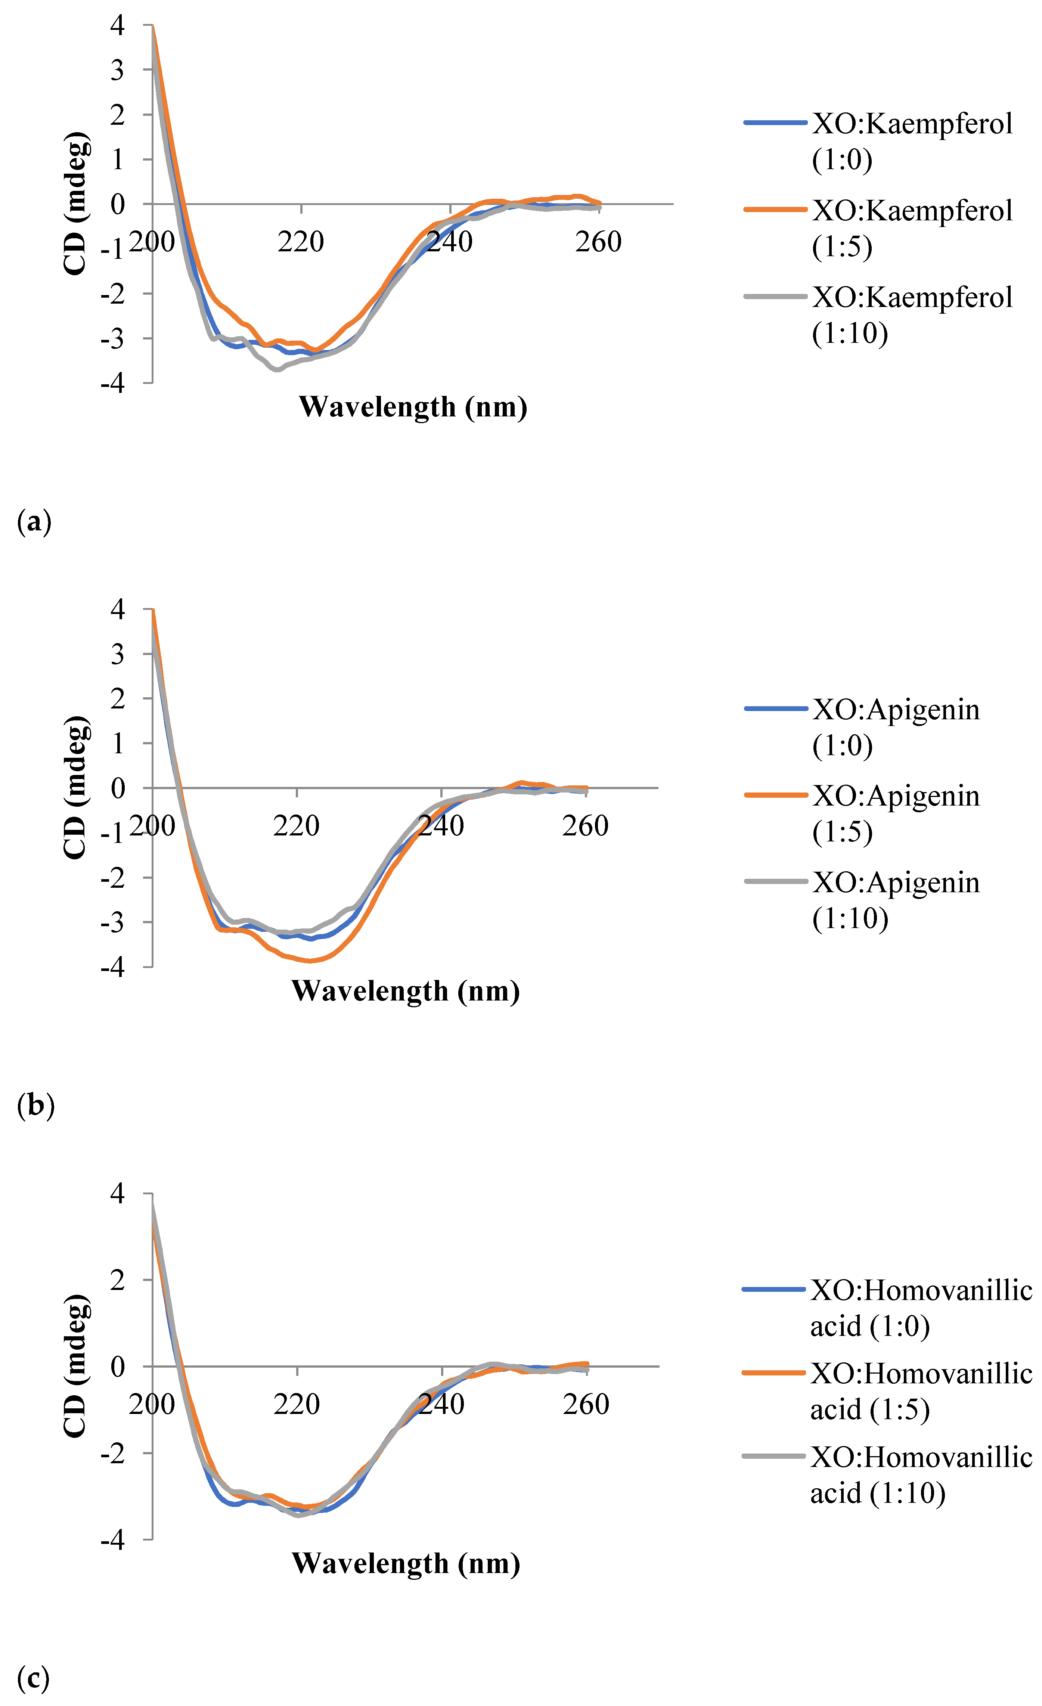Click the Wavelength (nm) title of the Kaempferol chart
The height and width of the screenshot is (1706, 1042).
pyautogui.click(x=413, y=407)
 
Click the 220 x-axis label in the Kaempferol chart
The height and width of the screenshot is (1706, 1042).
pyautogui.click(x=301, y=242)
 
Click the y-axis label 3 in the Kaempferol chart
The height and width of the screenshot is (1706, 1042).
pyautogui.click(x=117, y=70)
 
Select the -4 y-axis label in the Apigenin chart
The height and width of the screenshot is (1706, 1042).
pyautogui.click(x=112, y=967)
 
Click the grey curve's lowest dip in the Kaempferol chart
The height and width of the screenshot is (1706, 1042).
pyautogui.click(x=277, y=370)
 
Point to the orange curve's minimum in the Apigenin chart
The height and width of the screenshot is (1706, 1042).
pyautogui.click(x=310, y=960)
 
